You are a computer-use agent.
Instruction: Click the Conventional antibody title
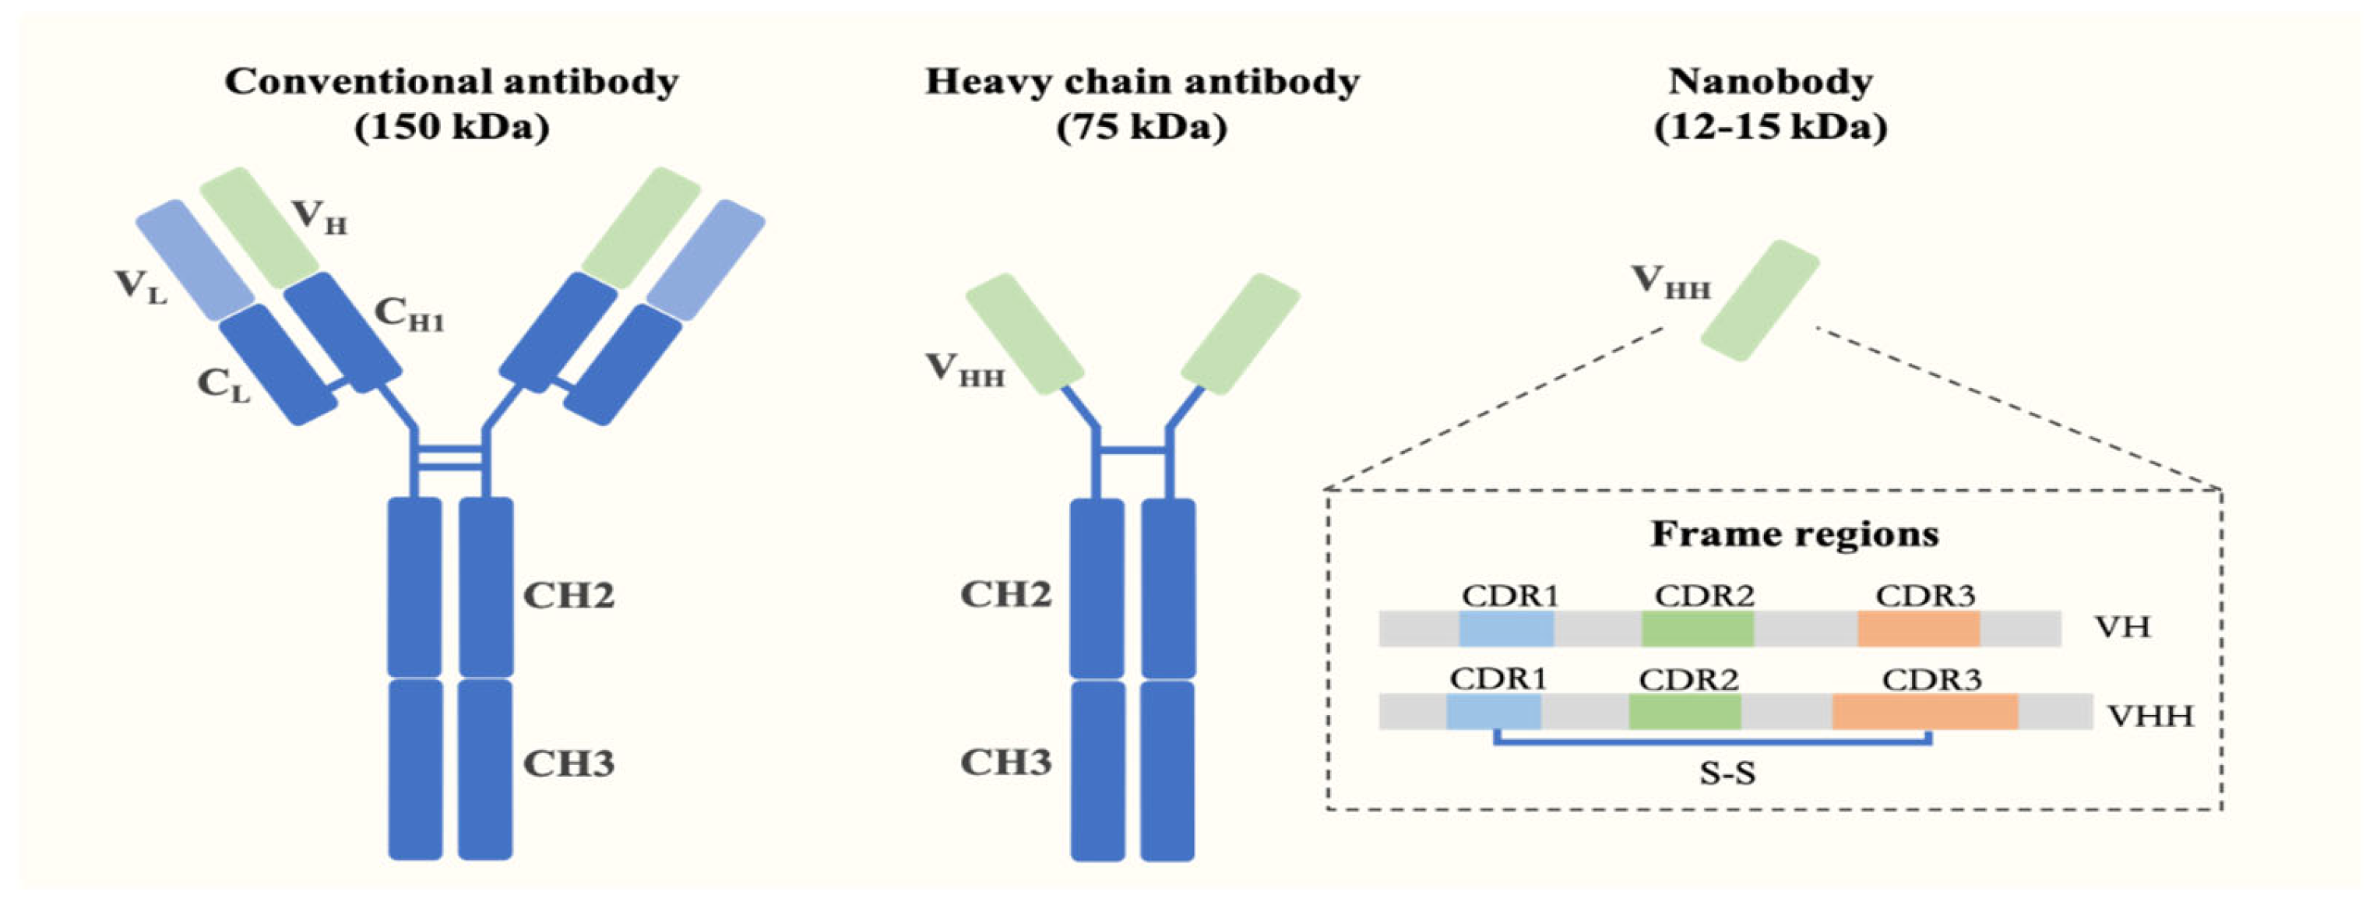click(x=451, y=81)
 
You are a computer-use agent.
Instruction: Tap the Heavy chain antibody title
click(x=1142, y=81)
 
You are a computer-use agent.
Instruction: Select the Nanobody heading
click(x=1770, y=81)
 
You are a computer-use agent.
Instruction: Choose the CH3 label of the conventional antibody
click(x=569, y=763)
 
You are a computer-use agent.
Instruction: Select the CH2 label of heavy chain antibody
click(x=1005, y=594)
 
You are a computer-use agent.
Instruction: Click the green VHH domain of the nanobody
click(x=1759, y=301)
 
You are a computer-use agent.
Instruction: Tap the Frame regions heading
click(x=1794, y=534)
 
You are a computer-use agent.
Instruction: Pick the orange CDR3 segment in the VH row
click(x=1918, y=629)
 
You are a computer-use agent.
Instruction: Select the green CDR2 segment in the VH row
click(x=1696, y=629)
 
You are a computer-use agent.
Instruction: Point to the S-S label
click(x=1727, y=773)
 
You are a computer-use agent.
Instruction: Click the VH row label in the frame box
click(x=2122, y=628)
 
